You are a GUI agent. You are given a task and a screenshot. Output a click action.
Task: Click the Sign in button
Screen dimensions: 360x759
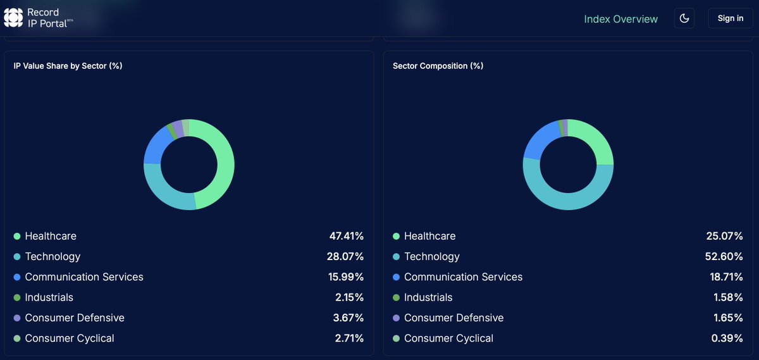(x=730, y=18)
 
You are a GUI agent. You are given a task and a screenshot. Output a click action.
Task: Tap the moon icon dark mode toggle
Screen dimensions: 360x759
(x=684, y=18)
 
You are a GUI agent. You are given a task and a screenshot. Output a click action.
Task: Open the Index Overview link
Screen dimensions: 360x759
(x=620, y=19)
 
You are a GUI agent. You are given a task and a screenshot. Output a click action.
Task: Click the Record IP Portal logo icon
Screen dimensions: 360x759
(x=13, y=18)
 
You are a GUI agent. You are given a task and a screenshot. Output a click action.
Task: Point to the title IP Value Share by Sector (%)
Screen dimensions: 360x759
(x=68, y=66)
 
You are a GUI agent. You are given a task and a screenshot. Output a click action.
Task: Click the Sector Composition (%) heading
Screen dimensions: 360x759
(x=438, y=66)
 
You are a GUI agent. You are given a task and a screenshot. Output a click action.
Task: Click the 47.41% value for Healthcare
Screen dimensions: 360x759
(x=346, y=236)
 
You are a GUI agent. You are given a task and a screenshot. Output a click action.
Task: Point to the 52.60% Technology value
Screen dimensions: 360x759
(x=725, y=256)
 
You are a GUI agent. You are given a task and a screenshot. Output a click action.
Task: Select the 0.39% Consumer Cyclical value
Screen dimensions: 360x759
(x=727, y=338)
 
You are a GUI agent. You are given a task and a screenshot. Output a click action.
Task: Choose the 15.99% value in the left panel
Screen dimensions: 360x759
(x=346, y=276)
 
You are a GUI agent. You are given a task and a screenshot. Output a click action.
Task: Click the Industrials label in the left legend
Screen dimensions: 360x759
(x=49, y=297)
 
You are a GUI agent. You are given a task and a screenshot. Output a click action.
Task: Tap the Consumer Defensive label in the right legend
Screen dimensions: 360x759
(x=454, y=318)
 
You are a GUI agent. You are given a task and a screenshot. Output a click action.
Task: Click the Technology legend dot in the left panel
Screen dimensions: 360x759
(x=17, y=257)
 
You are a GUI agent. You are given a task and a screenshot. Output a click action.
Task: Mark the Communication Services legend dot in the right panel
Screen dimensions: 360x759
(x=397, y=277)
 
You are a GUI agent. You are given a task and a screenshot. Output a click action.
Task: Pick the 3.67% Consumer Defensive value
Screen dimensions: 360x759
(x=349, y=318)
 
